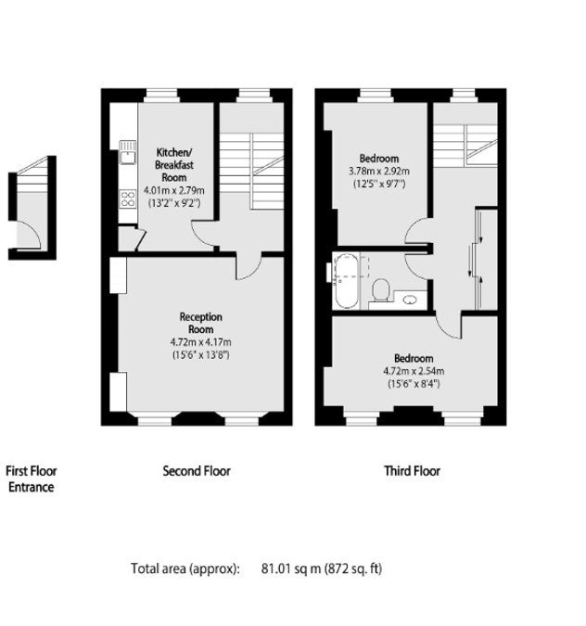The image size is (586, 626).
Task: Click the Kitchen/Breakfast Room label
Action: [x=174, y=164]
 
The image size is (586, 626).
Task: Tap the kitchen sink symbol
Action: [x=127, y=152]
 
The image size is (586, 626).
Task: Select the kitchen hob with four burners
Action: [x=128, y=198]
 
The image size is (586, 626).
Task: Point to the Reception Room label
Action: [x=201, y=323]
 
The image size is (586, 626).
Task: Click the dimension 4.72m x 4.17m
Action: [x=201, y=342]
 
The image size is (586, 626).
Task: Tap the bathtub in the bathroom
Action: [x=346, y=281]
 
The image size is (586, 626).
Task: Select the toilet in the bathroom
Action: [x=381, y=289]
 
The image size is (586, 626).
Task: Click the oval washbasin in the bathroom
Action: [x=410, y=300]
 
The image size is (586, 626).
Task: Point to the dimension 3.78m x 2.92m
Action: [x=379, y=172]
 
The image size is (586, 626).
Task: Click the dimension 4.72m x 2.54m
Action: [x=414, y=371]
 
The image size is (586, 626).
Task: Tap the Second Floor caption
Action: [x=197, y=471]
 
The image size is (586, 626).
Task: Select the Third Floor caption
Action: [x=412, y=471]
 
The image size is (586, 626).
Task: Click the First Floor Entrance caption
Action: [x=32, y=479]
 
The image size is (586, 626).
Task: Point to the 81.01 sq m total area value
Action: [x=291, y=569]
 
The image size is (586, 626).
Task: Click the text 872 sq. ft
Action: [x=353, y=569]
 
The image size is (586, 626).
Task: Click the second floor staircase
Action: [x=252, y=171]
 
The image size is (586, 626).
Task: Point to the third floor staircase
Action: [x=465, y=146]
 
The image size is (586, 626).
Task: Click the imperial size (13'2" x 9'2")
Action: [x=174, y=203]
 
